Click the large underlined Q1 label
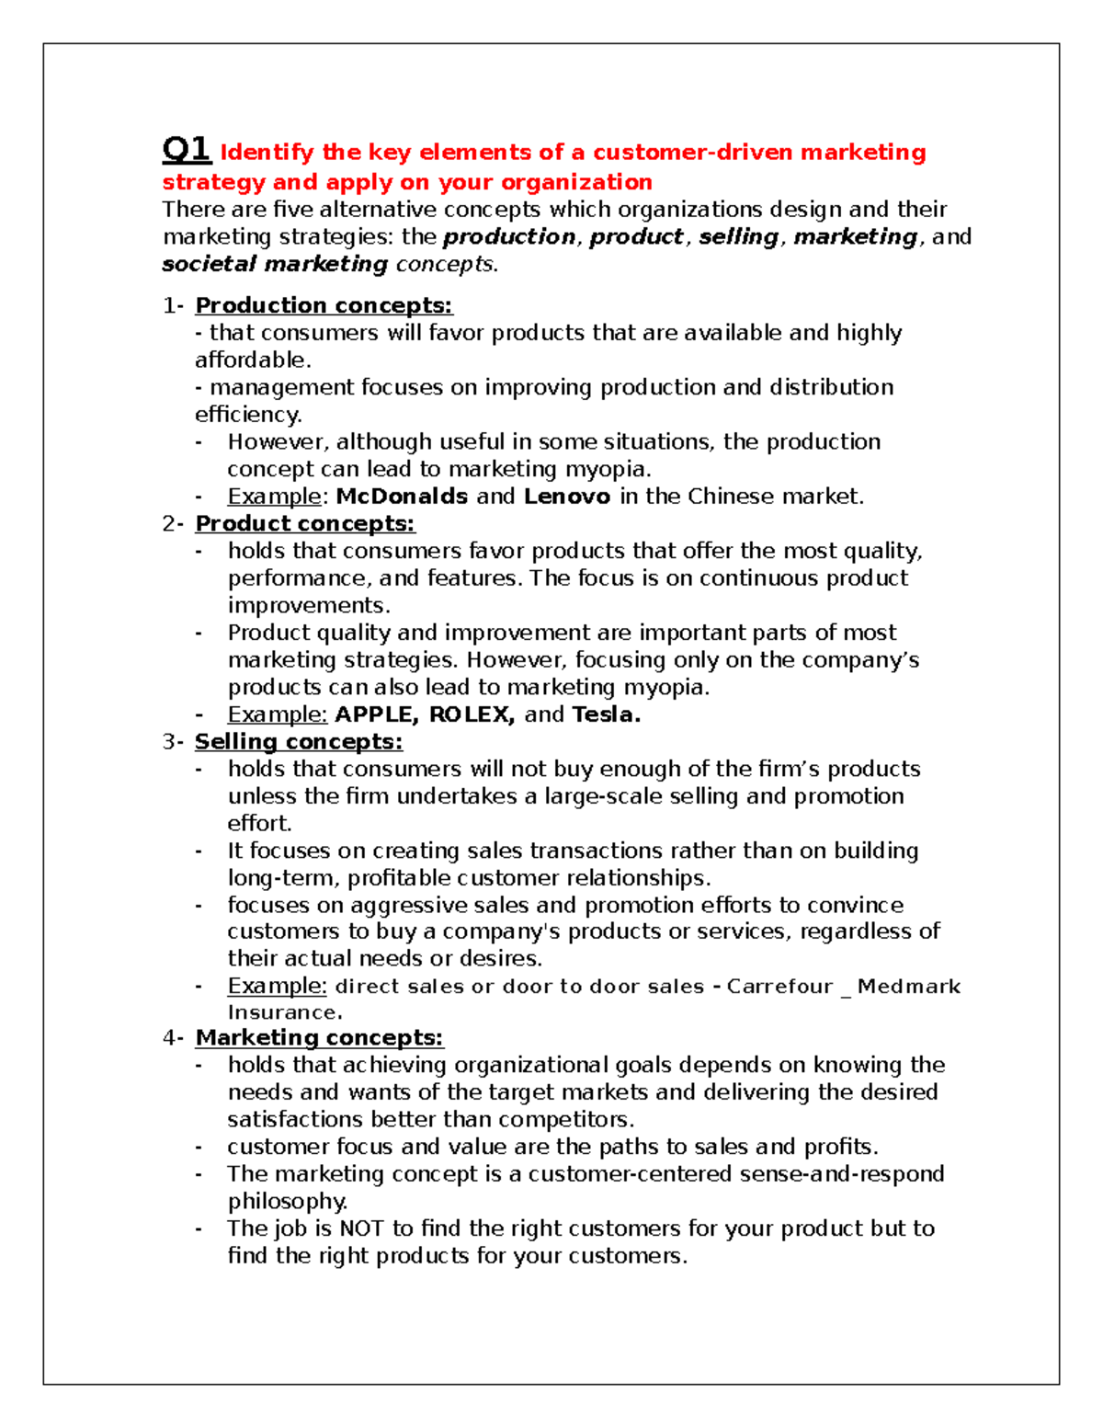pos(187,149)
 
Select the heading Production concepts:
pos(324,305)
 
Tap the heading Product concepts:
pos(304,523)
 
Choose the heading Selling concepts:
pos(299,741)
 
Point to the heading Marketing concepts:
pos(319,1037)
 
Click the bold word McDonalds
pos(402,497)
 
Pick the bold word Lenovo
pos(567,497)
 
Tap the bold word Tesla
pos(606,714)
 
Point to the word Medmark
pos(909,987)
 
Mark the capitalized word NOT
pos(361,1228)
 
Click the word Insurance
pos(285,1012)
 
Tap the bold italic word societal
pos(209,264)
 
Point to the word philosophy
pos(287,1202)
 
